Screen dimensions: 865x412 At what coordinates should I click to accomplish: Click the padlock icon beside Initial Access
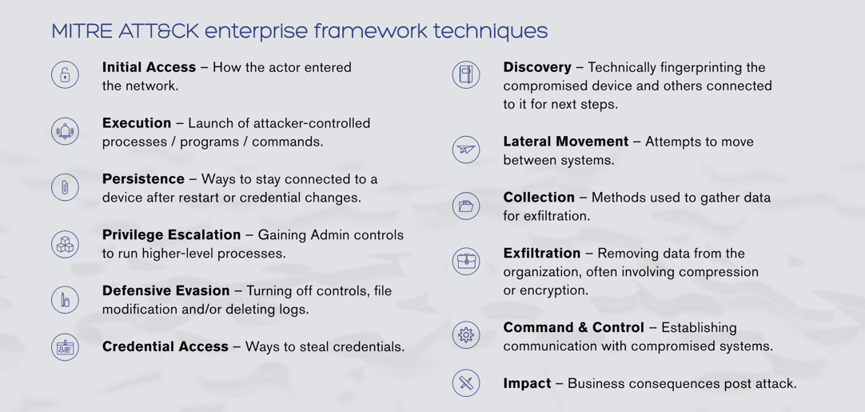coord(65,75)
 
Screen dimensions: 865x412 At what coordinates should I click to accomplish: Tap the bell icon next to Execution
coord(65,131)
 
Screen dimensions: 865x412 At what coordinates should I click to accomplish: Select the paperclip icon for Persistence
coord(65,187)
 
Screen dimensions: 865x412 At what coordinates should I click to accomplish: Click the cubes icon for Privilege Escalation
coord(65,243)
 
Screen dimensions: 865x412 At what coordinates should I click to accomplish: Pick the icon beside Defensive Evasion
coord(65,299)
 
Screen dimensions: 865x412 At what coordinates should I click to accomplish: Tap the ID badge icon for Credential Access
coord(65,347)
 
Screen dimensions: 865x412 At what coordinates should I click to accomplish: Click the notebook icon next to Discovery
coord(466,75)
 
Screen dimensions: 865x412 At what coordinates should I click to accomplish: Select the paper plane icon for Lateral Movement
coord(466,150)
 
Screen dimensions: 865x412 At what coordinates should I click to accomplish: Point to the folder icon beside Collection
coord(466,206)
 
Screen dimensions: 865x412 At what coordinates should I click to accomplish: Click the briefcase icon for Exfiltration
coord(466,262)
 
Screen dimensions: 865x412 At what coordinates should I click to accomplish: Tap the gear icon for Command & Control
coord(466,334)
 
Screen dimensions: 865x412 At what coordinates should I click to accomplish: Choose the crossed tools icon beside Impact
coord(466,383)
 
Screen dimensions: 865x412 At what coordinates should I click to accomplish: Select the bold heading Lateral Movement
coord(566,142)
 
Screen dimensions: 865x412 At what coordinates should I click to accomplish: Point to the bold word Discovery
coord(537,68)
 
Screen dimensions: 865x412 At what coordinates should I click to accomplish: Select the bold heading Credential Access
coord(165,347)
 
